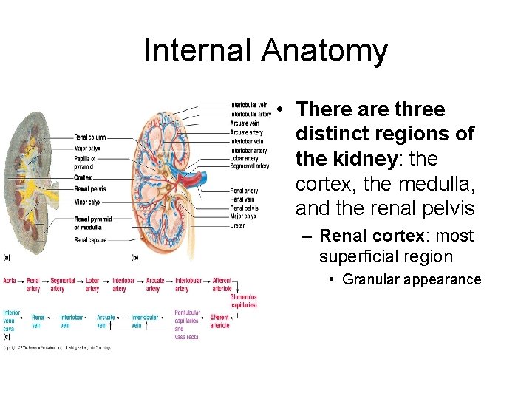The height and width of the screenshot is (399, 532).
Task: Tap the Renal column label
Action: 90,137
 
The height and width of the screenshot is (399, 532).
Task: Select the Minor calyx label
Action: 87,201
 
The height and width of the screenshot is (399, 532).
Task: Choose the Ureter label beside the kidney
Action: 237,224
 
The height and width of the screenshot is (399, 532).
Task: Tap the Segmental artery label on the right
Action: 250,166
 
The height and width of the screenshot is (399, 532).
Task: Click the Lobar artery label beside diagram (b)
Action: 244,158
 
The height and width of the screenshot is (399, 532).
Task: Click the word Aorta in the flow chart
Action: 10,281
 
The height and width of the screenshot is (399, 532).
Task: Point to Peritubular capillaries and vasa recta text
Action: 187,324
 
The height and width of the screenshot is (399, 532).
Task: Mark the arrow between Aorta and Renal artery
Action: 21,281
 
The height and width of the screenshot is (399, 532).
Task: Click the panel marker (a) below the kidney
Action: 6,258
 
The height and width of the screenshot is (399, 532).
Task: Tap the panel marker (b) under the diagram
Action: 134,258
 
